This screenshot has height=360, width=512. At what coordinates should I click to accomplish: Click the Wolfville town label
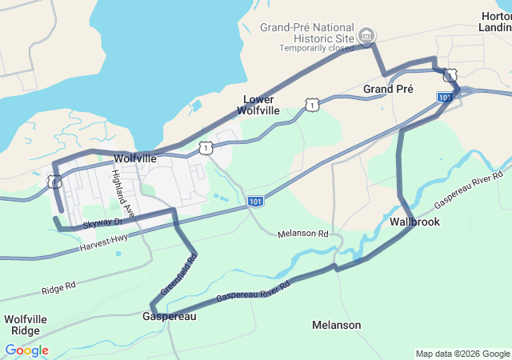coord(134,159)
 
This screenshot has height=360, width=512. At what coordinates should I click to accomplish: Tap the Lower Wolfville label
coord(261,105)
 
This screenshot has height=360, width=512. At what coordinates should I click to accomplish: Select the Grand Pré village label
coord(388,89)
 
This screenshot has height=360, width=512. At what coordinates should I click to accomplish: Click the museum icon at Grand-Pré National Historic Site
coord(366,34)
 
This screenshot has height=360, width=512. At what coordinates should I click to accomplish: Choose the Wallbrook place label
coord(414,222)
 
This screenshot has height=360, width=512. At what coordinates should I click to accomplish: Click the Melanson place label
coord(336,325)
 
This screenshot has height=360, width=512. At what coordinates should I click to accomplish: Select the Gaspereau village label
coord(169,316)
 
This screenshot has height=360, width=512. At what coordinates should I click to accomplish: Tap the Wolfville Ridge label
coord(26,325)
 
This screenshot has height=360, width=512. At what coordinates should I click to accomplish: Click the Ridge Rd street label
coord(58,285)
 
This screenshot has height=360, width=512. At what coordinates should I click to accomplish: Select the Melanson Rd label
coord(303,234)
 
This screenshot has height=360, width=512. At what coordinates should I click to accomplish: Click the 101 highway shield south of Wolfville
coord(254,201)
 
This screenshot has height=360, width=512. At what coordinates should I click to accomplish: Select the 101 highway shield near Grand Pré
coord(444,97)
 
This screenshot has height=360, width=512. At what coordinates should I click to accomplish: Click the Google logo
coord(26,350)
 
